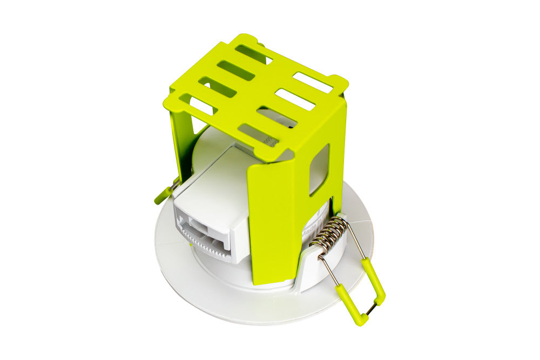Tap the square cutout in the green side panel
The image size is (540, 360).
tap(319, 169)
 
